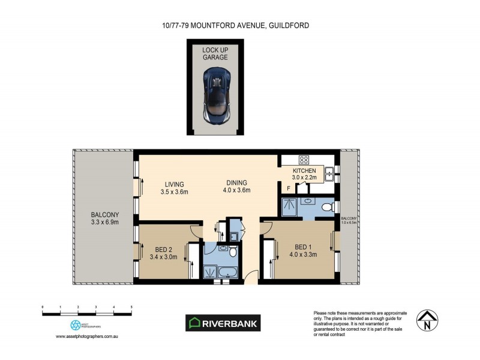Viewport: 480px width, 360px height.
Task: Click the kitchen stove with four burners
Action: coord(304,160)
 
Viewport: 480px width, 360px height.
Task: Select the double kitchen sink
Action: coord(329,174)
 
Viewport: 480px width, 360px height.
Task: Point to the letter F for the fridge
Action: coord(288,188)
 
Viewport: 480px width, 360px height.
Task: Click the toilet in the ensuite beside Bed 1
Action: coord(327,208)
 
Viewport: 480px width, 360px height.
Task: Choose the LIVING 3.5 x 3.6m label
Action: coord(175,188)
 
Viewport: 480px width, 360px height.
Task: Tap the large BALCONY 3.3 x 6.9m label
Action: coord(105,218)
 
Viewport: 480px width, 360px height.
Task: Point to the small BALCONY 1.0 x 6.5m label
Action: coord(349,220)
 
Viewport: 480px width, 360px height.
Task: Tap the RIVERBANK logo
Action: coord(223,323)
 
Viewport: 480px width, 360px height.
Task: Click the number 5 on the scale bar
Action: coord(131,307)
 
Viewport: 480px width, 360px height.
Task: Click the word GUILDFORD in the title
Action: coord(291,25)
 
